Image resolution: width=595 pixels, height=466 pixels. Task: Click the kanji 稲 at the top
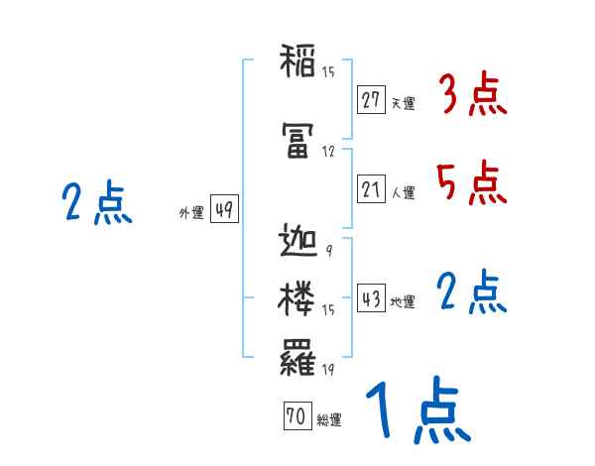pos(298,63)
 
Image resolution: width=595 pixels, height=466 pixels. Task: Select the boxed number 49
pos(223,209)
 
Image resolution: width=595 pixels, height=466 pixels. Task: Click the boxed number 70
pos(297,417)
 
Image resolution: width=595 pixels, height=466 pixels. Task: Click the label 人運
pos(403,192)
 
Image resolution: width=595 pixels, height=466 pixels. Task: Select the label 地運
pos(403,301)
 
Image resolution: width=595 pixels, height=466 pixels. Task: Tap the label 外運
pos(191,213)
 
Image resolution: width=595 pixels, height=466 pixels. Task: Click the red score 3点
pos(473,96)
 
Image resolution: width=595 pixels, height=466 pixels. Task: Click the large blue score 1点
pos(416,410)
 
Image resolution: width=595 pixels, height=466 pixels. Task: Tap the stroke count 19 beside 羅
pos(327,369)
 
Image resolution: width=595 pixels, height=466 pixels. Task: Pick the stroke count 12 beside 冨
pos(328,153)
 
